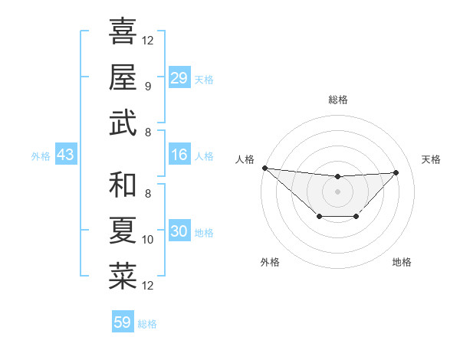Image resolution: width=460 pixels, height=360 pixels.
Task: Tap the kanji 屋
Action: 123,77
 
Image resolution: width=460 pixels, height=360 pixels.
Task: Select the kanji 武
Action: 123,123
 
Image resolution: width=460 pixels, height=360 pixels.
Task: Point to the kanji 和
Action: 123,185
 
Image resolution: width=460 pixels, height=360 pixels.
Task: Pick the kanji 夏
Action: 123,231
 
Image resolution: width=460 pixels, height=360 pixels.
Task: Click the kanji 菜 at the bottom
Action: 123,277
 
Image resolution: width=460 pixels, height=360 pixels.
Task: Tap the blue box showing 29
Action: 179,77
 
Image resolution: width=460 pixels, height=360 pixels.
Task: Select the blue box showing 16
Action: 179,155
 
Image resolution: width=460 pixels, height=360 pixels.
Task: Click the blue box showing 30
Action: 179,231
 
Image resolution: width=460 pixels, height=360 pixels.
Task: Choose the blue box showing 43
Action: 65,155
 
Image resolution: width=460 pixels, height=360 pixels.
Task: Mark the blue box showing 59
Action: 123,322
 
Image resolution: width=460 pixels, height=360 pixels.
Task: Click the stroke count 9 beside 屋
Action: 147,87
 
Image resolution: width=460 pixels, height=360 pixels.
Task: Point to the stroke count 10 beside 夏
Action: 148,240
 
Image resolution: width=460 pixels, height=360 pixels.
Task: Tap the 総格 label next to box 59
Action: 147,324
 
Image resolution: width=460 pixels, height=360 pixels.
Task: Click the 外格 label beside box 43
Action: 41,156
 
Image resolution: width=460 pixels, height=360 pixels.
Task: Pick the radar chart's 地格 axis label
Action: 402,262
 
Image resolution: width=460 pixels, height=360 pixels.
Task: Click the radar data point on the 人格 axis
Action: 264,168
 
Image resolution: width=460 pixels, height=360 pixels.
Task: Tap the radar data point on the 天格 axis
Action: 396,172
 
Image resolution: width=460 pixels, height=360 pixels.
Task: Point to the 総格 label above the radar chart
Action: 337,100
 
